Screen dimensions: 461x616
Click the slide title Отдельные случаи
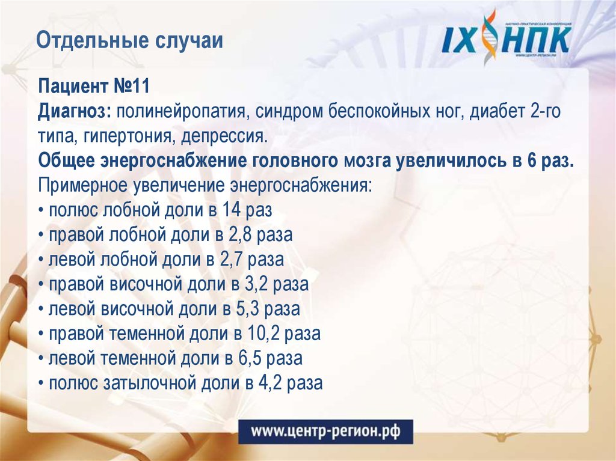coord(129,41)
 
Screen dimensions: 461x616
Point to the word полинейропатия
coord(183,111)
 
